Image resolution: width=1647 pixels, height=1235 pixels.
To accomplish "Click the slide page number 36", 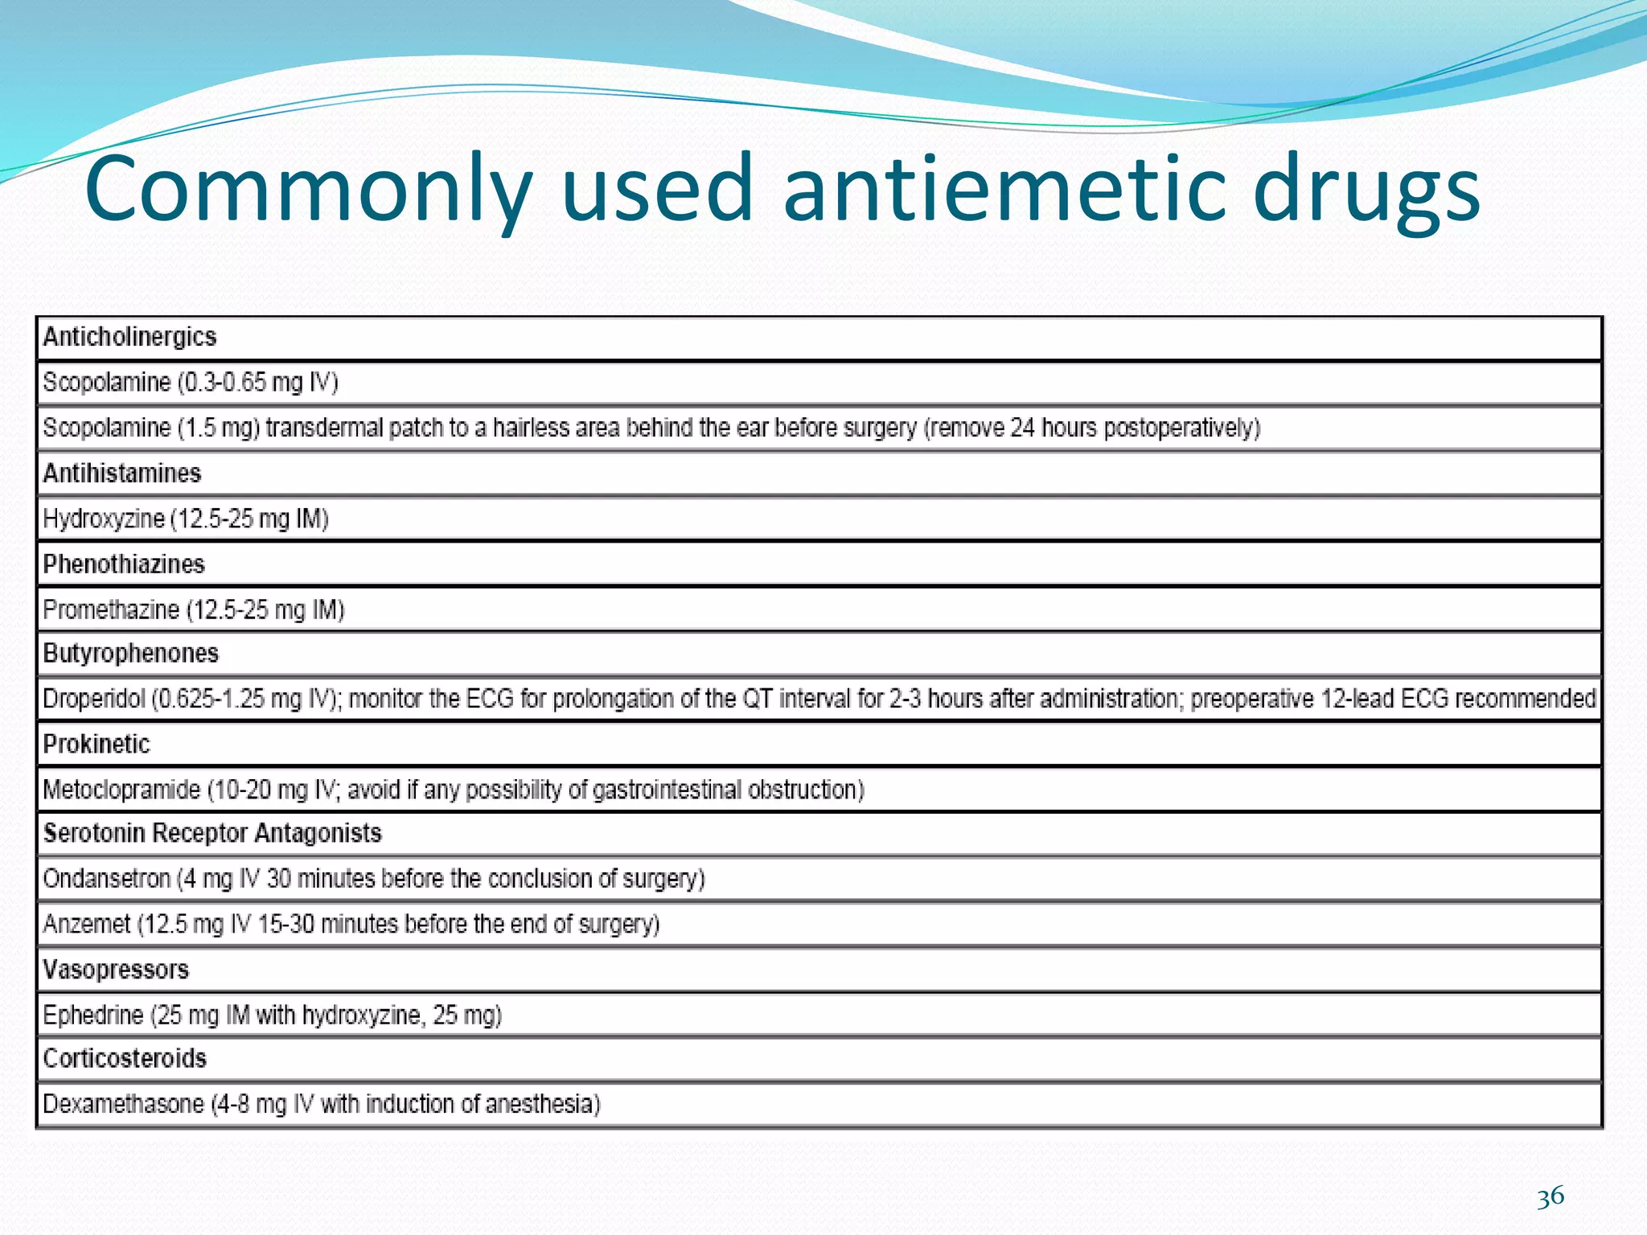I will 1550,1196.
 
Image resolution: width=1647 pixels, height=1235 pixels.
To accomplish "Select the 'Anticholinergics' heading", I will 129,337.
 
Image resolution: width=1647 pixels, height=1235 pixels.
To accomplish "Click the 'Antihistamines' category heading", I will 122,474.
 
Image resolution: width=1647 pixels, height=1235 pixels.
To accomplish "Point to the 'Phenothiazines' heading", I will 124,564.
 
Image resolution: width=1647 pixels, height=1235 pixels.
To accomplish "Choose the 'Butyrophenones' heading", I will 131,653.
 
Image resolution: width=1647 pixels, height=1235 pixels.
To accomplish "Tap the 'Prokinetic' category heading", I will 97,745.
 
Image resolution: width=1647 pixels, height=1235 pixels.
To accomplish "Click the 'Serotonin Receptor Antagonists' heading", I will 212,833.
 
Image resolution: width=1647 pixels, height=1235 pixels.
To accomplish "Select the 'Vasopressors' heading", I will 116,970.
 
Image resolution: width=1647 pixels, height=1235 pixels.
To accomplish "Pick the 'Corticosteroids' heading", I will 125,1058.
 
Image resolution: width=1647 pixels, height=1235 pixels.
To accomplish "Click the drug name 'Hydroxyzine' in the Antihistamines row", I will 104,519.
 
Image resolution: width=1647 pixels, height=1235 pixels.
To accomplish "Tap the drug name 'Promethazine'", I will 111,610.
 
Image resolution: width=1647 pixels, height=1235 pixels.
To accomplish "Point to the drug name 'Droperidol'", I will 93,699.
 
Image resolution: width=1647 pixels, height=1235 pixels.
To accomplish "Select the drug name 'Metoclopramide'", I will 121,790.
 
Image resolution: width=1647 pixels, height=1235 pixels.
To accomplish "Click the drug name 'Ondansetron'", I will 107,879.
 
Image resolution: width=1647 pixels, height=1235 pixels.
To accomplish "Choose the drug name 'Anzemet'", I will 87,925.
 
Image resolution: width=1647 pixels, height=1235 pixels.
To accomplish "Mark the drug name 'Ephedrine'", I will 93,1015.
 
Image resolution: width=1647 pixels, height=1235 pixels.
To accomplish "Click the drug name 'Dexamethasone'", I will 123,1104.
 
